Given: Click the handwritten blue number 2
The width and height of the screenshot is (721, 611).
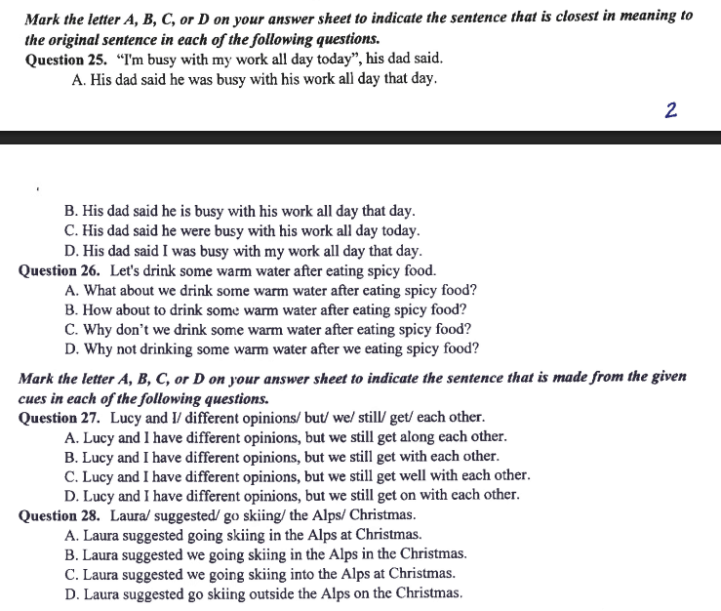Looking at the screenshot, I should (670, 109).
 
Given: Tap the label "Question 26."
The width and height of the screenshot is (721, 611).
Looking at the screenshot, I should (60, 271).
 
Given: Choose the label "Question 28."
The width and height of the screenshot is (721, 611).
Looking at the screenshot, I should (60, 515).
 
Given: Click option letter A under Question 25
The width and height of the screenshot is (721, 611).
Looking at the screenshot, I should (78, 78).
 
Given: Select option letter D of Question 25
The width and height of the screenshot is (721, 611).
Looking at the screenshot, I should (71, 251).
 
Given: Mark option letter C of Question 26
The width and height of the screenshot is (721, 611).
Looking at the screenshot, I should (71, 329).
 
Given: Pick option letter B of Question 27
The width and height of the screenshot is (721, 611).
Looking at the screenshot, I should (70, 456).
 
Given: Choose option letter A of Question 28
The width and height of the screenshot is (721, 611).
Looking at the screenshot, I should (71, 535).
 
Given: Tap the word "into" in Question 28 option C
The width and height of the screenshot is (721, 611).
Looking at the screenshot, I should (326, 574).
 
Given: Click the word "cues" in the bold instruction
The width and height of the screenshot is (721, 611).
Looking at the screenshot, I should (35, 398).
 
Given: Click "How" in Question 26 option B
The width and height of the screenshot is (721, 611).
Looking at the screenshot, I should (100, 309).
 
